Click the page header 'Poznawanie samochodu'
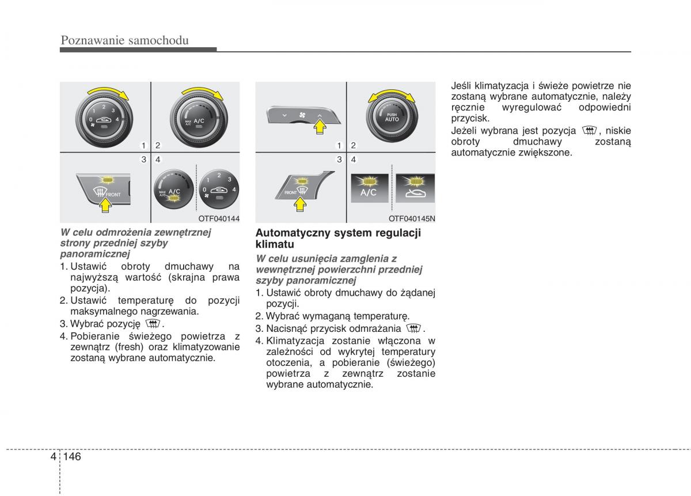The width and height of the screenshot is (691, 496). (x=125, y=40)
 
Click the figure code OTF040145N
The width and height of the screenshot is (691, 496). (x=412, y=218)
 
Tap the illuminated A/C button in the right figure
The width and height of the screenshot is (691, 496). (x=369, y=189)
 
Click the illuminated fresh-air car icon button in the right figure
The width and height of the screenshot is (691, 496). (x=415, y=189)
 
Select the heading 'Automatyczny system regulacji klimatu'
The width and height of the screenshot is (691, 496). (x=338, y=238)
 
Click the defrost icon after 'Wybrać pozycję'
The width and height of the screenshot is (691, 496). (x=153, y=323)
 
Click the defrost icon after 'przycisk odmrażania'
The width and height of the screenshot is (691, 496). (x=413, y=328)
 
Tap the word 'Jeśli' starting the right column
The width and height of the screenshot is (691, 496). (x=461, y=85)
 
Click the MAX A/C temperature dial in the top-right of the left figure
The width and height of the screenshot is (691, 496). (x=198, y=120)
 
